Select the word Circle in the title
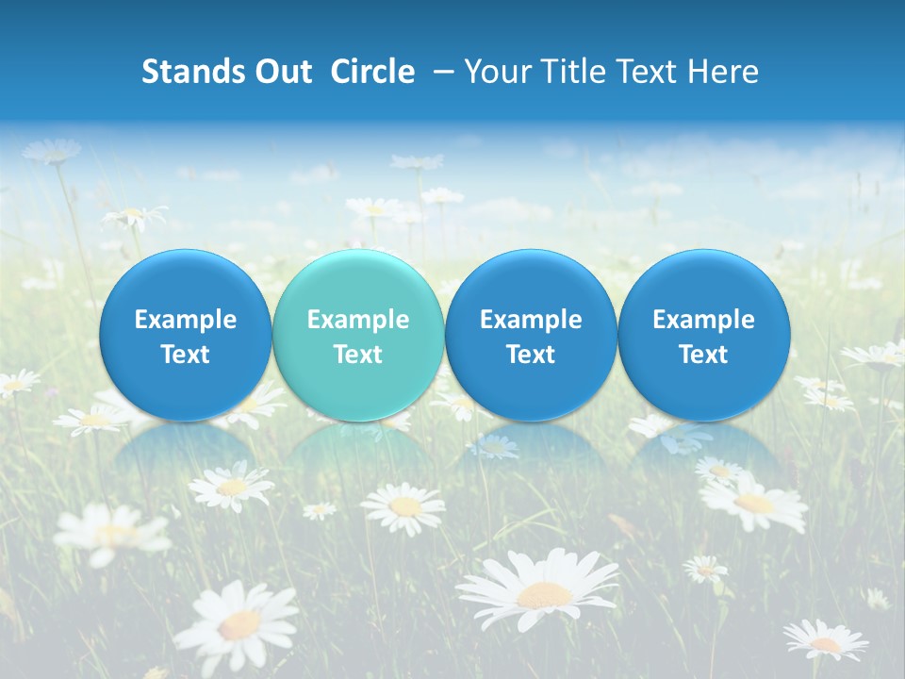pyautogui.click(x=373, y=72)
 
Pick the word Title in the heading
pyautogui.click(x=567, y=72)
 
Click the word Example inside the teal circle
pyautogui.click(x=358, y=320)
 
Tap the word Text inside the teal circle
pyautogui.click(x=358, y=355)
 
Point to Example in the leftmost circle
pyautogui.click(x=185, y=320)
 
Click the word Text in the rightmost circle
pyautogui.click(x=704, y=355)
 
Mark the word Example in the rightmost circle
pyautogui.click(x=704, y=320)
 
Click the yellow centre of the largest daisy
pyautogui.click(x=544, y=594)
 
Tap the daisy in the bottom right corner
pyautogui.click(x=827, y=641)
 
